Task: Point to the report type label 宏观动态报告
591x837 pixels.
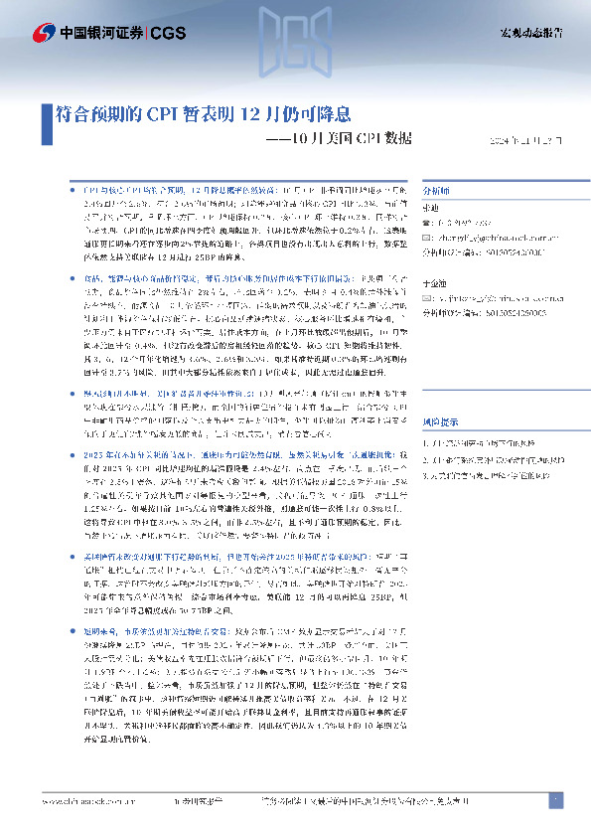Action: pyautogui.click(x=528, y=33)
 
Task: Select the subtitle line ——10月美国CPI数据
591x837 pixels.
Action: pyautogui.click(x=339, y=138)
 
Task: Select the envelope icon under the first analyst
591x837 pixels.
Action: pyautogui.click(x=428, y=239)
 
